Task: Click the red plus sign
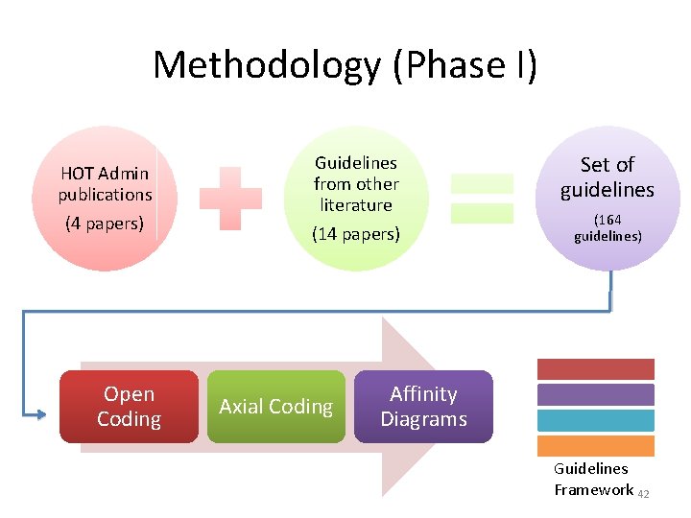pos(230,198)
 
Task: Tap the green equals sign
pos(482,198)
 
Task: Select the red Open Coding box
pos(129,407)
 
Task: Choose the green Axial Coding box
pos(275,407)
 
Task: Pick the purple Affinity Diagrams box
pos(423,407)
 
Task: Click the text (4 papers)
pos(104,224)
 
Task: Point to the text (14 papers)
pos(356,234)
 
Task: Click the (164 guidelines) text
pos(608,227)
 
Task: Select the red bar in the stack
pos(595,369)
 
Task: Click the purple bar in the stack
pos(595,394)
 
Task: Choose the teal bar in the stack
pos(595,420)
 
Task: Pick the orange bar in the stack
pos(595,445)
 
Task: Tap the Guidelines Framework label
pos(592,480)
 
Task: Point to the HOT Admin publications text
pos(105,183)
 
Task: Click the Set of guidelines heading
pos(608,177)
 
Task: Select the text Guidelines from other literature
pos(356,183)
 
